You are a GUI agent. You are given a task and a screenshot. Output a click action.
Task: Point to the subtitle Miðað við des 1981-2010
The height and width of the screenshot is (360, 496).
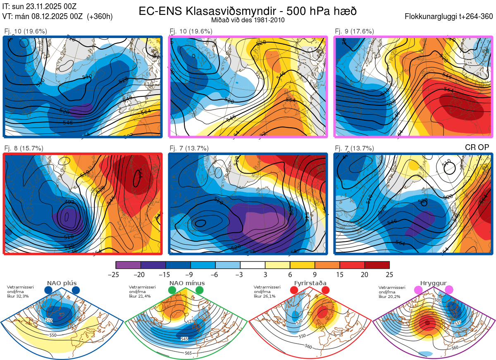point(248,20)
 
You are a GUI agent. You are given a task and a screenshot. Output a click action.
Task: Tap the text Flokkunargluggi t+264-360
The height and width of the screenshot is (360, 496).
point(450,17)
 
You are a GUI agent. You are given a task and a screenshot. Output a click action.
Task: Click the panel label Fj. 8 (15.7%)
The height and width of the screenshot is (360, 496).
point(24,148)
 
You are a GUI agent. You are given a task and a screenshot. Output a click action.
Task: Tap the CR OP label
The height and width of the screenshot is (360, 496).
point(477,148)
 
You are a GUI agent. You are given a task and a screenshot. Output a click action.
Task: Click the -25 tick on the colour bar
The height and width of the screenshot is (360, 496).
point(116,274)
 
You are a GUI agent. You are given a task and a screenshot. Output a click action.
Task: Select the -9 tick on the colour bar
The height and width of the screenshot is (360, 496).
point(191,274)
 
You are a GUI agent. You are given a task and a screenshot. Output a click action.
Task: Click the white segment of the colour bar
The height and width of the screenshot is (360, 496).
point(253,265)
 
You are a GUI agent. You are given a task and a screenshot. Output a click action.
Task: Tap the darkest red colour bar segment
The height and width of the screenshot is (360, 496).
point(377,265)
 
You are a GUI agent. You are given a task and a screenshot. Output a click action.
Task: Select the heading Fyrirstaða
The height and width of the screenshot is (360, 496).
point(310,283)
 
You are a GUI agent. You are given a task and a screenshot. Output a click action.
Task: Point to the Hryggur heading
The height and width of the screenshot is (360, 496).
point(434,283)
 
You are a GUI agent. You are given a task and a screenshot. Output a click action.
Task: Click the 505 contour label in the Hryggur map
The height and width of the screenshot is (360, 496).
point(439,300)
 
